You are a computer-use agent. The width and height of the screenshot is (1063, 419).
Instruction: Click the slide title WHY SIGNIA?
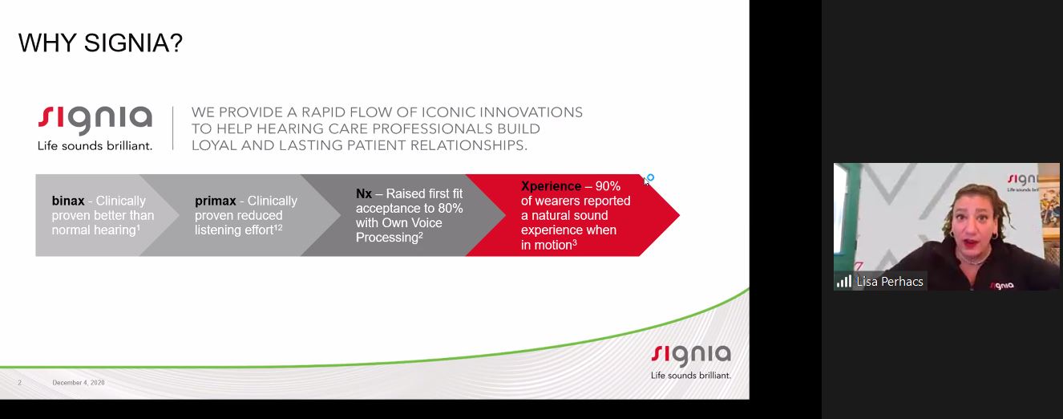100,43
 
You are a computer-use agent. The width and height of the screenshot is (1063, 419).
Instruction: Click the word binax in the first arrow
68,201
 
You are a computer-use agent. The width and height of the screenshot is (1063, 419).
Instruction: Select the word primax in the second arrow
215,201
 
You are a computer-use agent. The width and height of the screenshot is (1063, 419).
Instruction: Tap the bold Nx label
363,193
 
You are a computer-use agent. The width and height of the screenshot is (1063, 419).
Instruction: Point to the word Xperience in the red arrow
551,185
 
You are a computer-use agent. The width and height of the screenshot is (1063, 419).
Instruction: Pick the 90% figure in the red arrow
608,185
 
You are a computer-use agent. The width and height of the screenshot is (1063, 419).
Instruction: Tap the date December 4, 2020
79,382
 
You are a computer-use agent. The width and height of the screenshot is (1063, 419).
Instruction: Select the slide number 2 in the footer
19,382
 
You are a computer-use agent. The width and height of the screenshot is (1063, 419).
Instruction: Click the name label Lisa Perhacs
890,282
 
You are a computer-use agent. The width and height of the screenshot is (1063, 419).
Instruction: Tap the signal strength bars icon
844,282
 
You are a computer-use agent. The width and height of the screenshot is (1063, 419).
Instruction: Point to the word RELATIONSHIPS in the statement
468,145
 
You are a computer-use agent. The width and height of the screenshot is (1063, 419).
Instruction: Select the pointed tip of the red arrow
680,215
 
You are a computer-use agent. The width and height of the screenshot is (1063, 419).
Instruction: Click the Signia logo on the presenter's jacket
1001,285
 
